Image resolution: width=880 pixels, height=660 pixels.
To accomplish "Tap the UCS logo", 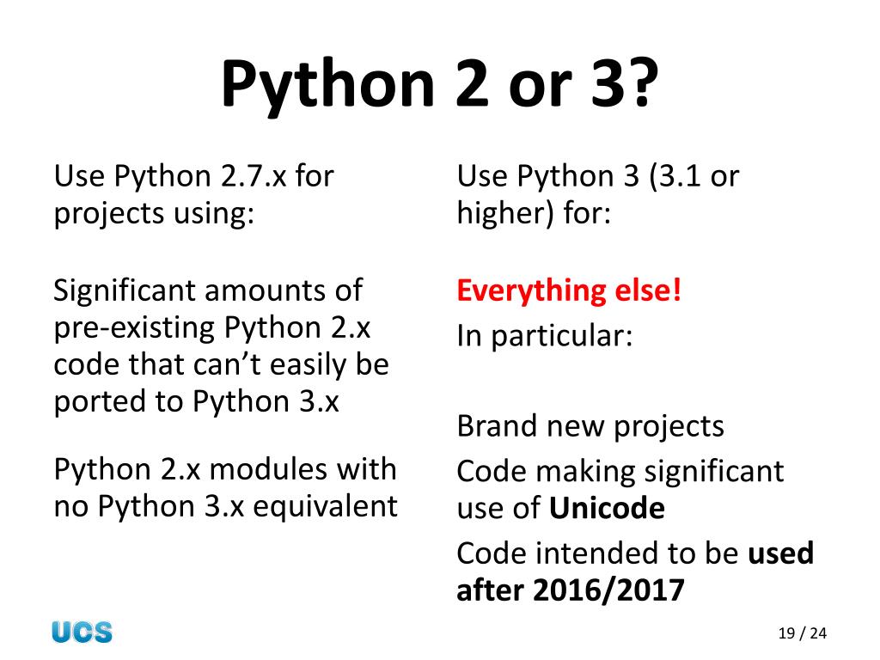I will (82, 632).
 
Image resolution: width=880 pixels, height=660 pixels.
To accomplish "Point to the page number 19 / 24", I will (801, 634).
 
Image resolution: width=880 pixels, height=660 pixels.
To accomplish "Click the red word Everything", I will (530, 290).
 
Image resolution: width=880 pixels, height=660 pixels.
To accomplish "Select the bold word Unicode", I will (607, 509).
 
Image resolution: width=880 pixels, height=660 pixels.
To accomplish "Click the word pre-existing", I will (134, 327).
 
